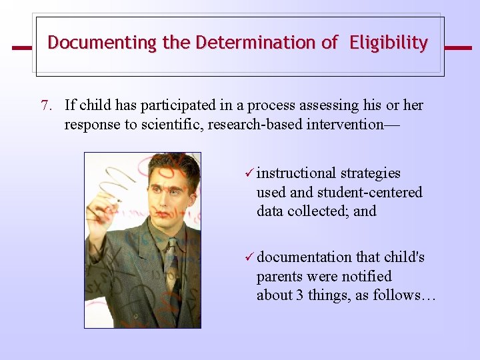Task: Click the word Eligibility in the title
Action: (x=389, y=43)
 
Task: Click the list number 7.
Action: (x=46, y=105)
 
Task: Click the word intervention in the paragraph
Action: (x=351, y=125)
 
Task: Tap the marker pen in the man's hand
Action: (x=114, y=199)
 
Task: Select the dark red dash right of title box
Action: (x=457, y=48)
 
